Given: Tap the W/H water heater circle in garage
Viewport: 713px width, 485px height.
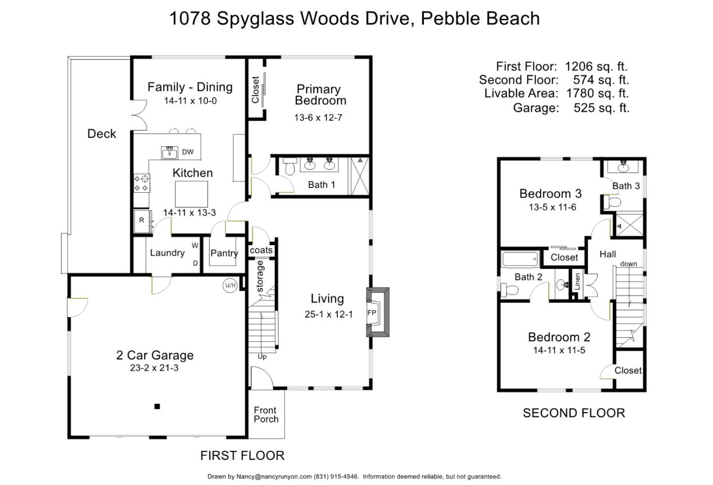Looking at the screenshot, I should coord(230,285).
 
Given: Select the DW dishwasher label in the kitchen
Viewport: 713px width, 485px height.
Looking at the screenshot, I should coord(188,152).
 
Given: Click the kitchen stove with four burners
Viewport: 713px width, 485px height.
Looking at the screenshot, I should coord(141,183).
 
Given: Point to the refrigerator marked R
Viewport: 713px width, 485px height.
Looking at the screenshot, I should coord(142,221).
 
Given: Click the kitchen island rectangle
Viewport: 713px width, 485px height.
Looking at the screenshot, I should coord(191,193).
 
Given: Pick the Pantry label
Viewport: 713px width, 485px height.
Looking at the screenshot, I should coord(224,253).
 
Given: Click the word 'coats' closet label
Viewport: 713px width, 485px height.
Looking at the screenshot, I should coord(261,250).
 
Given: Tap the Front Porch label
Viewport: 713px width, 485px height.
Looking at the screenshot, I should coord(266,415).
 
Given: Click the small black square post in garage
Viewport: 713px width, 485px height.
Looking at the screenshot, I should coord(157,407).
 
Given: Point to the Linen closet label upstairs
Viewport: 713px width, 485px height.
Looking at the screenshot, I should coord(577,282).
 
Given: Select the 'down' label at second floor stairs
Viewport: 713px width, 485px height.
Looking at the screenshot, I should coord(628,264).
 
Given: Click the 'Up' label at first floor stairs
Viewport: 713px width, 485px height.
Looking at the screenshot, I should coord(262,356).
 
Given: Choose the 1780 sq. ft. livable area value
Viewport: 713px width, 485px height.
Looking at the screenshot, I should coord(597,93).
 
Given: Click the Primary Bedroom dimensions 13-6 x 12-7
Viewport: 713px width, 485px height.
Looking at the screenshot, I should coord(318,117).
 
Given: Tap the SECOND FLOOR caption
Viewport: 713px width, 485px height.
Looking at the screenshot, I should coord(573,413).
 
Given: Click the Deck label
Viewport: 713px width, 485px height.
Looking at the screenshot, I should coord(102,134).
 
